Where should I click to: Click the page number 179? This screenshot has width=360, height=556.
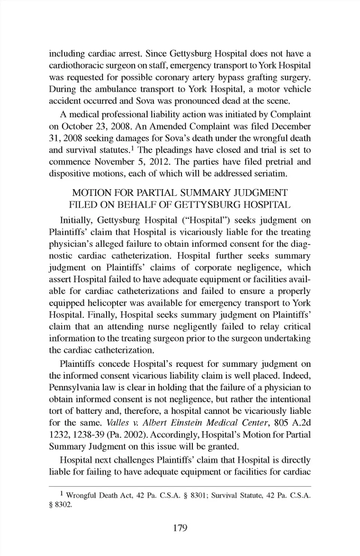180,528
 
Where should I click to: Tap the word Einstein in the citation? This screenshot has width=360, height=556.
186,423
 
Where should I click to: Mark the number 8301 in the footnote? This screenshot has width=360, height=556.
198,496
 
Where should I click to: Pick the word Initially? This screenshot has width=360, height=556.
77,220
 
